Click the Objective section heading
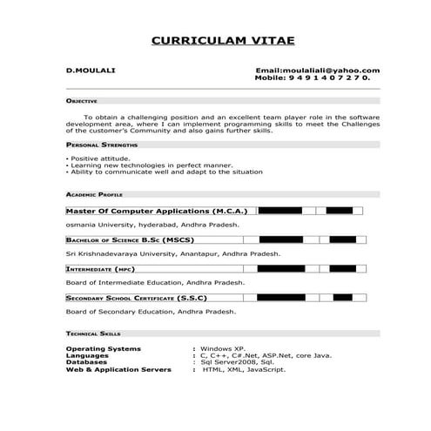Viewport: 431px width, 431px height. click(84, 101)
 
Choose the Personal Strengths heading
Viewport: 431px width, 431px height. click(101, 144)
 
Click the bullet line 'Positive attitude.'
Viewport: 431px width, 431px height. click(100, 158)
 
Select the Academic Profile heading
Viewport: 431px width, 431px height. click(94, 195)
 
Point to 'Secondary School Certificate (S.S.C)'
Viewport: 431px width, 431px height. click(137, 298)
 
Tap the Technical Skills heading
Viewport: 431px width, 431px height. click(93, 333)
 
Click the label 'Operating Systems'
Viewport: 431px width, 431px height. click(104, 348)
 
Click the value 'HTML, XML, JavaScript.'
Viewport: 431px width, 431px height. click(244, 369)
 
